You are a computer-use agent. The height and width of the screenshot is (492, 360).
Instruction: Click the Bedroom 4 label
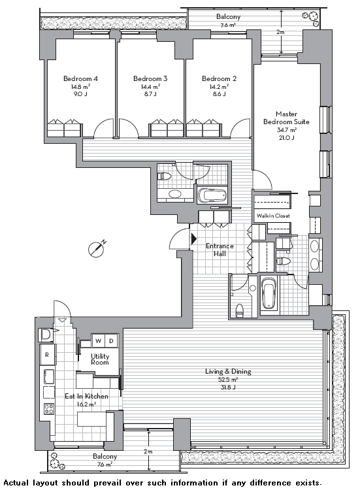[80, 78]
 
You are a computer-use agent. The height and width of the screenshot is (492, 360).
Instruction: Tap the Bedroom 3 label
[150, 78]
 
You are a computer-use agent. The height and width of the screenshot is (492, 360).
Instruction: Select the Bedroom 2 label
[219, 78]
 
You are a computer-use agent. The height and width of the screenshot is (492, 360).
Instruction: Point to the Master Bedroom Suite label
[286, 118]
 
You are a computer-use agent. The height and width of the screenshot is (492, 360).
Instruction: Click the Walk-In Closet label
[273, 216]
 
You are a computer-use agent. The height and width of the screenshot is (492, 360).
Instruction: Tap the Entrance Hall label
[220, 250]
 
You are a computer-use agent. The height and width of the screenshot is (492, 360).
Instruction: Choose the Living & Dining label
[228, 372]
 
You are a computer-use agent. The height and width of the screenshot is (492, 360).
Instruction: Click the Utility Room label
[100, 359]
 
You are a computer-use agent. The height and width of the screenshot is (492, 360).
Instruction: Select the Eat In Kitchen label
[86, 397]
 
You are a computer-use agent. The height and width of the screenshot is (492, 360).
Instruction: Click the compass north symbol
[97, 249]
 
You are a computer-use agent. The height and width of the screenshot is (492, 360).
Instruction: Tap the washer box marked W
[98, 341]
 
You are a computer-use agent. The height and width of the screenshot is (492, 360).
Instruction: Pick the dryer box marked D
[112, 341]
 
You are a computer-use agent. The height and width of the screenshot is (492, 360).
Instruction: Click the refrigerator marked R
[48, 355]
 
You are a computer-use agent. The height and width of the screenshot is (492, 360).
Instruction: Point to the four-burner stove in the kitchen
[48, 408]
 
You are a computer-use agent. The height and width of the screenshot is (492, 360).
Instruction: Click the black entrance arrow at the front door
[193, 238]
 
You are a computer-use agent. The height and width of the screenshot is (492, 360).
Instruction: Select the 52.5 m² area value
[228, 380]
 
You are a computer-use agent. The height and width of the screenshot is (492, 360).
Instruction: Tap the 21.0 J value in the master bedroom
[286, 137]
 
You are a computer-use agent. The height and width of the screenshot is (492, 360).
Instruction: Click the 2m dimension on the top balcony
[279, 32]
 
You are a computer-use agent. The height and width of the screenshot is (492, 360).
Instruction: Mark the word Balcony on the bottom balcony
[105, 457]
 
